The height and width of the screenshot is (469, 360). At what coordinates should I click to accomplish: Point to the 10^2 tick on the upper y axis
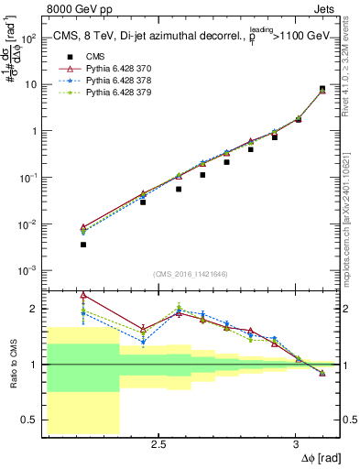[27, 38]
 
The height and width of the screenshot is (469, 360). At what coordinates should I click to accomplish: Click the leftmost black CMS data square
[83, 245]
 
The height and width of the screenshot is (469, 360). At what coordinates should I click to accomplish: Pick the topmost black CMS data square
[322, 89]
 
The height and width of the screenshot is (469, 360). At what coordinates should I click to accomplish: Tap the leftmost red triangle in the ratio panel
[83, 296]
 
